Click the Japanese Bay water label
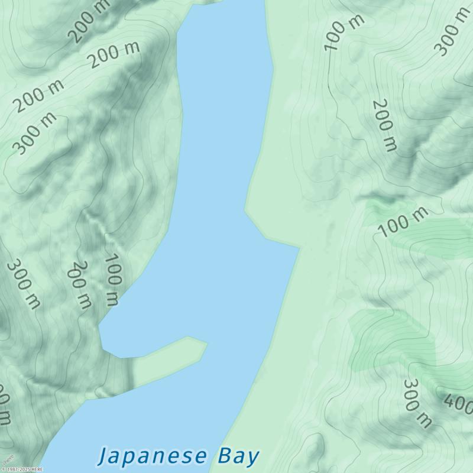(x=179, y=456)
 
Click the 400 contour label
(x=458, y=404)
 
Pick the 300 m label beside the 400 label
(x=417, y=404)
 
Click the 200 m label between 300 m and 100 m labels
(x=80, y=285)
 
